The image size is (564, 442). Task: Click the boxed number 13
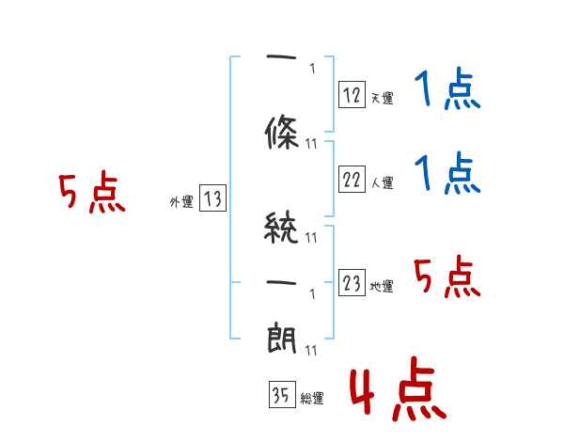[212, 198]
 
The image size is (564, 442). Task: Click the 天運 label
[382, 97]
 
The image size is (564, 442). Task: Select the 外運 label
[180, 201]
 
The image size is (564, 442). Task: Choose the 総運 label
[312, 399]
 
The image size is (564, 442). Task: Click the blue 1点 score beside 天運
[447, 91]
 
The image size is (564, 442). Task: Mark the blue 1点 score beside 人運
[447, 174]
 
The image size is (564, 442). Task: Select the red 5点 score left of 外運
[91, 193]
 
